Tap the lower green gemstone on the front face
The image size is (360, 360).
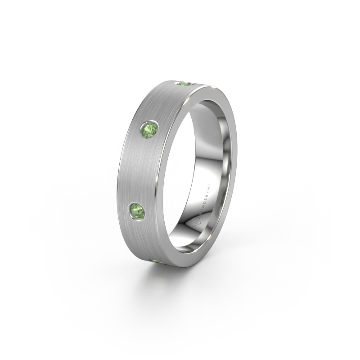click(136, 210)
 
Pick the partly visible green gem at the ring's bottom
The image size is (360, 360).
click(158, 261)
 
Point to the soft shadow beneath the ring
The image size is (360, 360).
click(189, 279)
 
